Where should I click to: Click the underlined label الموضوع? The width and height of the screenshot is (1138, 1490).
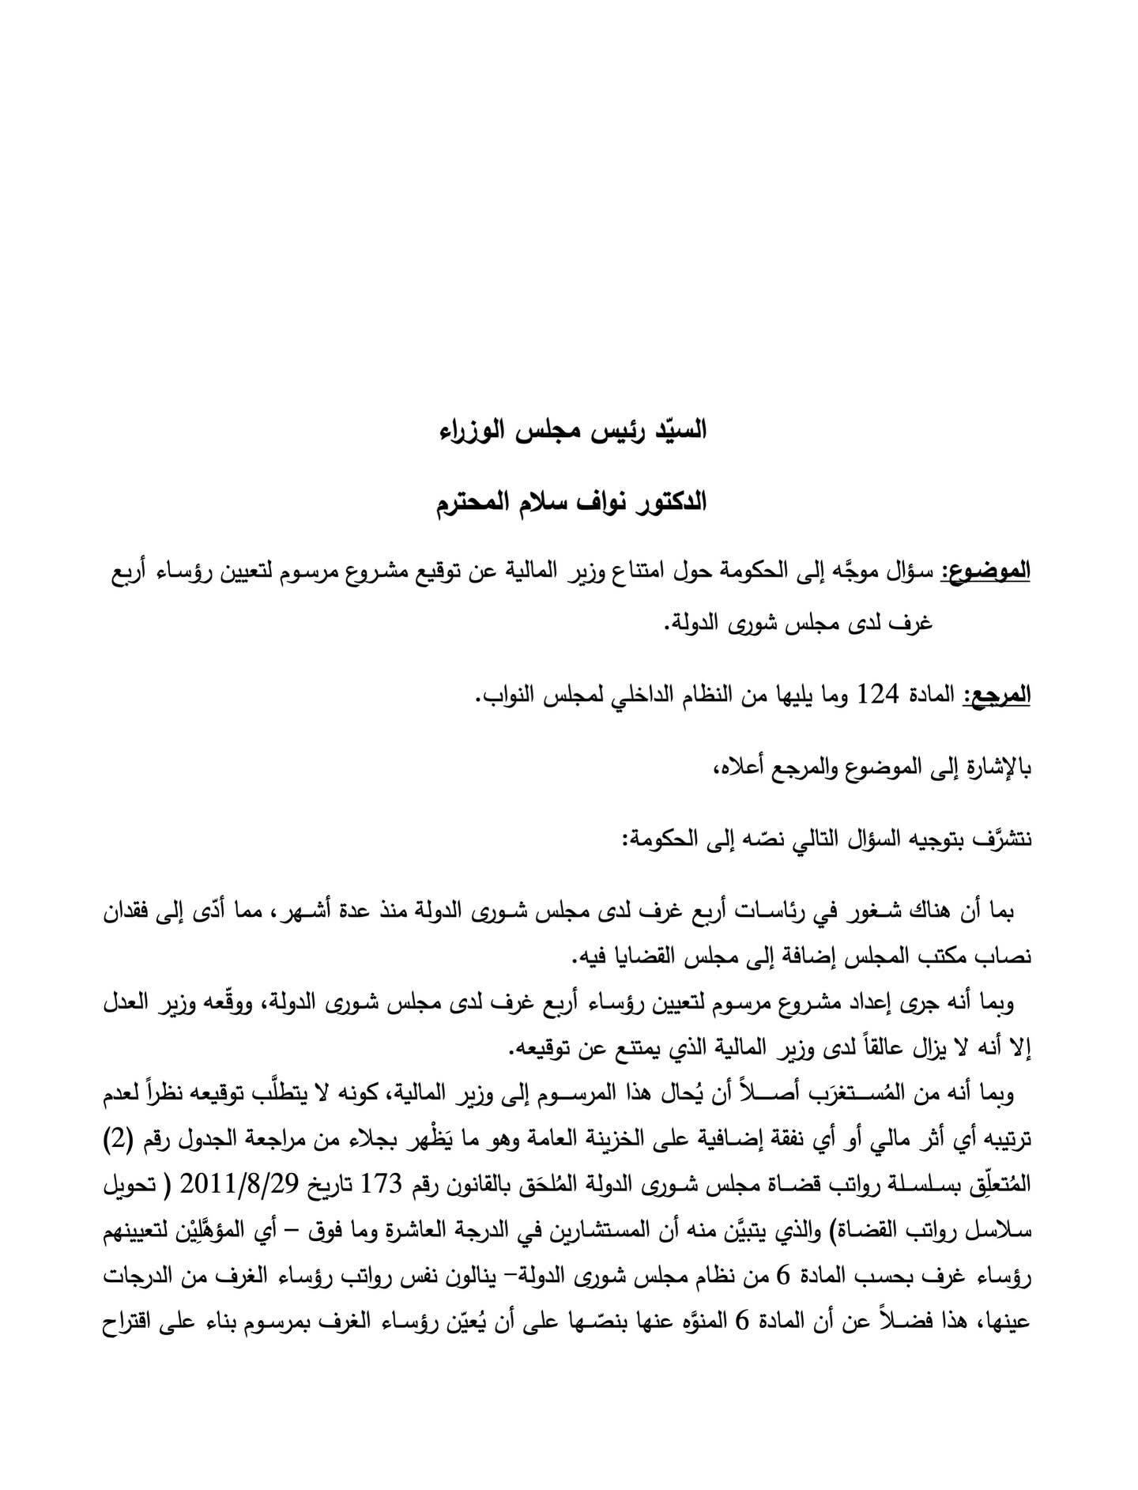991,571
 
